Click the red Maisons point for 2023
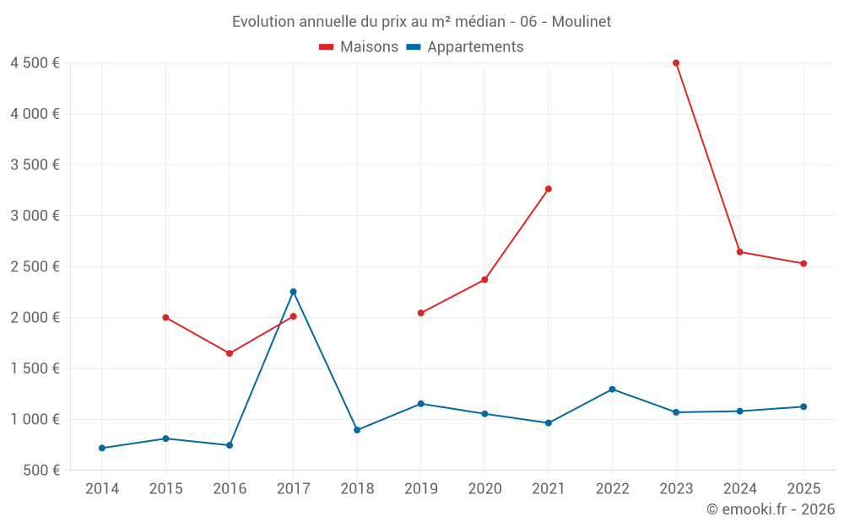tap(676, 63)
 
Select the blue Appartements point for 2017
tap(294, 292)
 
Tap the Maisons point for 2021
tap(549, 189)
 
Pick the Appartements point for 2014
tap(102, 448)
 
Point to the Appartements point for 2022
tap(612, 390)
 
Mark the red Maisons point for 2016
tap(230, 353)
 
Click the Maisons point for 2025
tap(803, 263)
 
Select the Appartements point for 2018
tap(357, 430)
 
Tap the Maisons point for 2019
tap(421, 313)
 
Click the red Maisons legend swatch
tap(326, 47)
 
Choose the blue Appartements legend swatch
tap(414, 47)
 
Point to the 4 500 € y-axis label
tap(35, 63)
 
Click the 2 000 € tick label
tap(35, 317)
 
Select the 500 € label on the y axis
tap(41, 470)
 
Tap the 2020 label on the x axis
tap(484, 488)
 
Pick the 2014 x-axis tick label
tap(102, 488)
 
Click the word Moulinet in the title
tap(582, 22)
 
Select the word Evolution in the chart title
tap(263, 22)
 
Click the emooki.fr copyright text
tap(771, 508)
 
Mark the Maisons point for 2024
tap(739, 251)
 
